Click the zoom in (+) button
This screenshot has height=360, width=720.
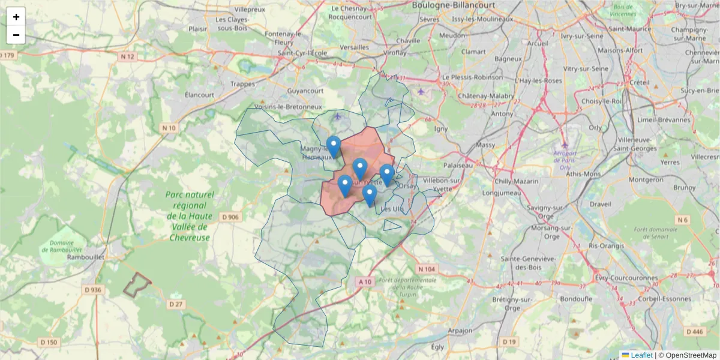tap(16, 17)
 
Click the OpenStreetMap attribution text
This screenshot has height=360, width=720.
tap(691, 355)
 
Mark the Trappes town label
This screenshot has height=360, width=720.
tap(242, 84)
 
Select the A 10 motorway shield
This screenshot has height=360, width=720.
tap(365, 281)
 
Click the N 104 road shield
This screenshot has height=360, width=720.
tap(427, 269)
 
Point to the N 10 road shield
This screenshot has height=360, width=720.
tap(169, 128)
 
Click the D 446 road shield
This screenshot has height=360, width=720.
tap(694, 331)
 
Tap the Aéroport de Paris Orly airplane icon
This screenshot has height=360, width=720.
tap(563, 145)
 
